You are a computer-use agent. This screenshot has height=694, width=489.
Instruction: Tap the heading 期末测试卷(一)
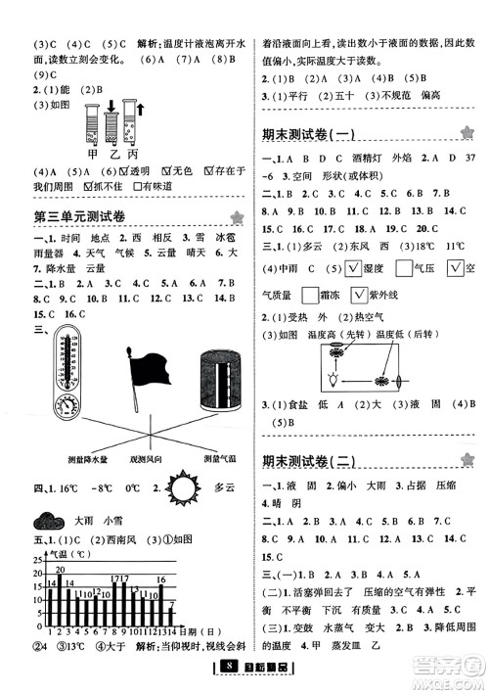(315, 134)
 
